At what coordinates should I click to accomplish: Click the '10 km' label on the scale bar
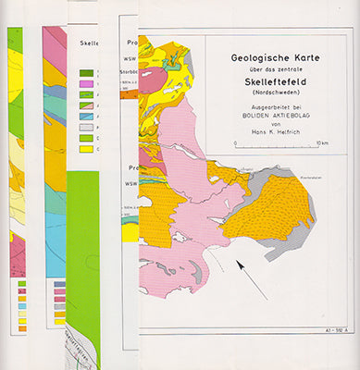(321, 144)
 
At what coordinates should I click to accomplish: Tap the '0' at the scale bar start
(236, 144)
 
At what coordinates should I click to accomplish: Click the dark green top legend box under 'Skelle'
(86, 73)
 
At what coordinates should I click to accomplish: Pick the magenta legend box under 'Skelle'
(86, 84)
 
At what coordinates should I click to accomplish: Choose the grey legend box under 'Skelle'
(86, 127)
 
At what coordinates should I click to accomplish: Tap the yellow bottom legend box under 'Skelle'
(86, 148)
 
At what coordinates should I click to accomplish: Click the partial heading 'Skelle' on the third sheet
(90, 43)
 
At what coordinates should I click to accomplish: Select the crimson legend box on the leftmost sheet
(23, 294)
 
